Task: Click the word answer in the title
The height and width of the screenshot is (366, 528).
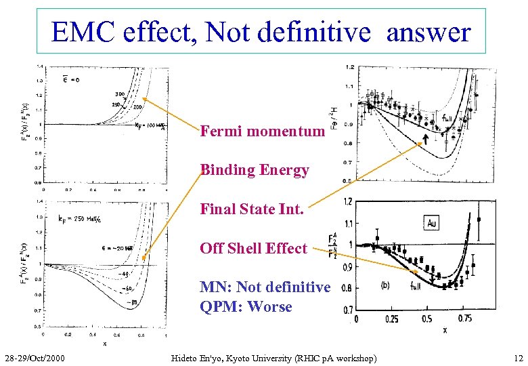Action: click(428, 32)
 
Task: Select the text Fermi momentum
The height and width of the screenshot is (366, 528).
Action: click(262, 131)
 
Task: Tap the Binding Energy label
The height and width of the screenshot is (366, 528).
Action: click(255, 170)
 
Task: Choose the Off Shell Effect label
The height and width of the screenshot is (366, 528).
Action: click(253, 248)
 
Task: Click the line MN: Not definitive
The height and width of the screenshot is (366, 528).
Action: click(265, 287)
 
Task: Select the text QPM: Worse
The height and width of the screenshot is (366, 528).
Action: click(246, 306)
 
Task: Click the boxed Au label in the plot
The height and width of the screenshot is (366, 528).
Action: click(433, 222)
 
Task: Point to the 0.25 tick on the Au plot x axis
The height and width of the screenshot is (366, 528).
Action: click(391, 318)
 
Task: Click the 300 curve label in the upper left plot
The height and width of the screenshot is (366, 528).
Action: click(119, 94)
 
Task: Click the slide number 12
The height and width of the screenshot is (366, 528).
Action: click(518, 357)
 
